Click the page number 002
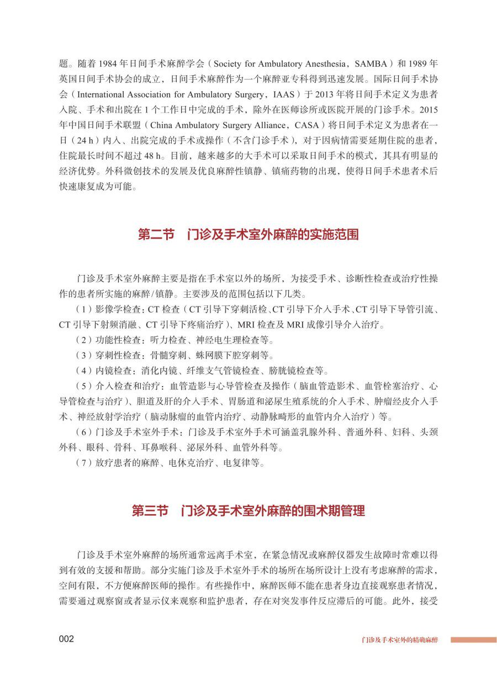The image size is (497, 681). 66,639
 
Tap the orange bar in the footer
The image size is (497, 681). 473,640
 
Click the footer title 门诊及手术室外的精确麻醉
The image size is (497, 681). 400,640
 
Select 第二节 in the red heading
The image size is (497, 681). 156,235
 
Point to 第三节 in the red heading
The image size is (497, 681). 150,511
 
